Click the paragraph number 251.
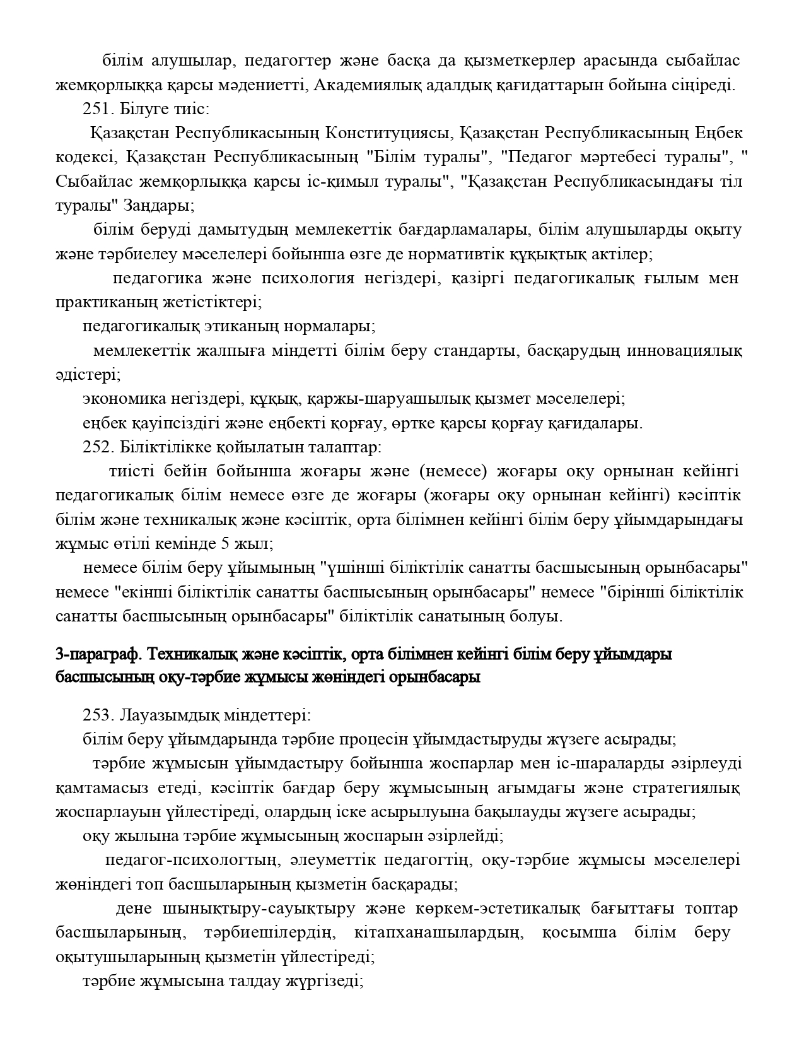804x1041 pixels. (x=95, y=109)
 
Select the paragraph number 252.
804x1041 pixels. (x=95, y=448)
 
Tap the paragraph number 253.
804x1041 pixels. (x=95, y=715)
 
